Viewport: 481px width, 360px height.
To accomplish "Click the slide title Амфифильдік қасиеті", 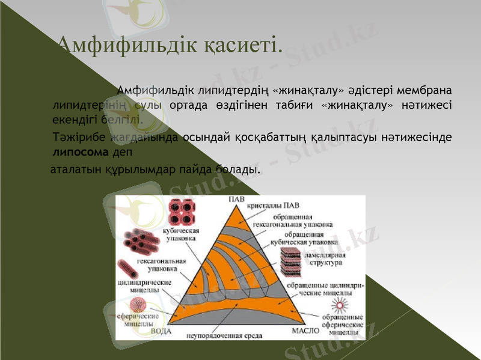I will pyautogui.click(x=168, y=44).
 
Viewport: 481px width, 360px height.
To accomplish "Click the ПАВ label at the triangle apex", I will pyautogui.click(x=236, y=200).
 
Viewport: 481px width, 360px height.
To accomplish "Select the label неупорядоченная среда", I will pyautogui.click(x=224, y=335).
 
